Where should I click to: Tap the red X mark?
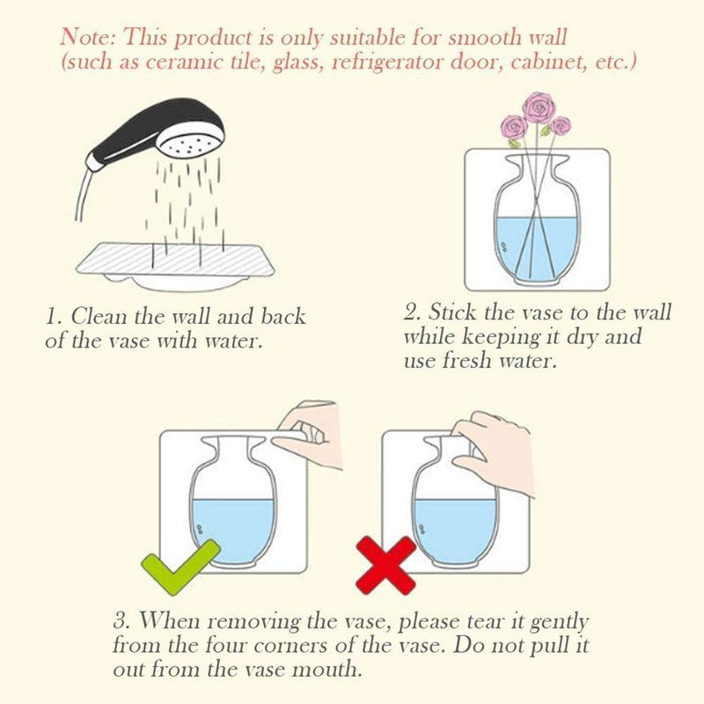tap(386, 565)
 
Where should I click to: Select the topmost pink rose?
tap(539, 107)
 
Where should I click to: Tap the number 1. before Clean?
tap(54, 318)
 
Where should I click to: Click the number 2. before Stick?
tap(412, 312)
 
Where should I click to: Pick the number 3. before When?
tap(121, 620)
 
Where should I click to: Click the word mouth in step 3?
tap(326, 670)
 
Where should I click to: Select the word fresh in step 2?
tap(468, 361)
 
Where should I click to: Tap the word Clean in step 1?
tap(99, 316)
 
